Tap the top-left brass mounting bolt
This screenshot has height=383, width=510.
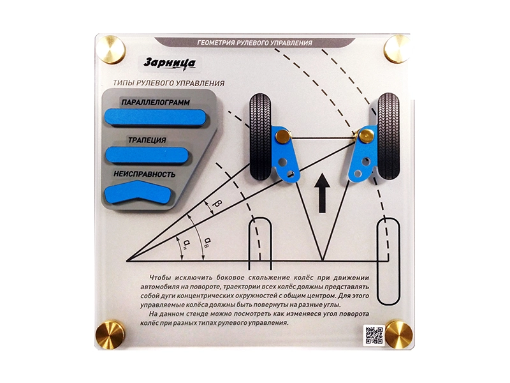[x=112, y=50]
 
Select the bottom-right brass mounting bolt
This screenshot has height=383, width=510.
[x=399, y=334]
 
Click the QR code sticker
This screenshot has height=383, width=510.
[x=374, y=334]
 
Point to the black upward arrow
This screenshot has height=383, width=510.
[x=323, y=193]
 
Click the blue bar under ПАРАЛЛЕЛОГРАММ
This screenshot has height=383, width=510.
[x=155, y=117]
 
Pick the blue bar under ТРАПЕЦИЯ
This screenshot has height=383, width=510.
[x=147, y=154]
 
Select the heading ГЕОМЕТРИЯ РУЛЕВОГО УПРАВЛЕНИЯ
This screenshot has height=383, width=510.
[x=254, y=43]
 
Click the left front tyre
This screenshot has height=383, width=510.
[x=260, y=137]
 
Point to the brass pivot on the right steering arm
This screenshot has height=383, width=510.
[x=367, y=135]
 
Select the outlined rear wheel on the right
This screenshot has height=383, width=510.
[x=388, y=261]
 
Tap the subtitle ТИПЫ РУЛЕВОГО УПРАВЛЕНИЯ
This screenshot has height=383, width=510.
[x=168, y=83]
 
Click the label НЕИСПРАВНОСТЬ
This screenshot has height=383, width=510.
[x=145, y=174]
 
